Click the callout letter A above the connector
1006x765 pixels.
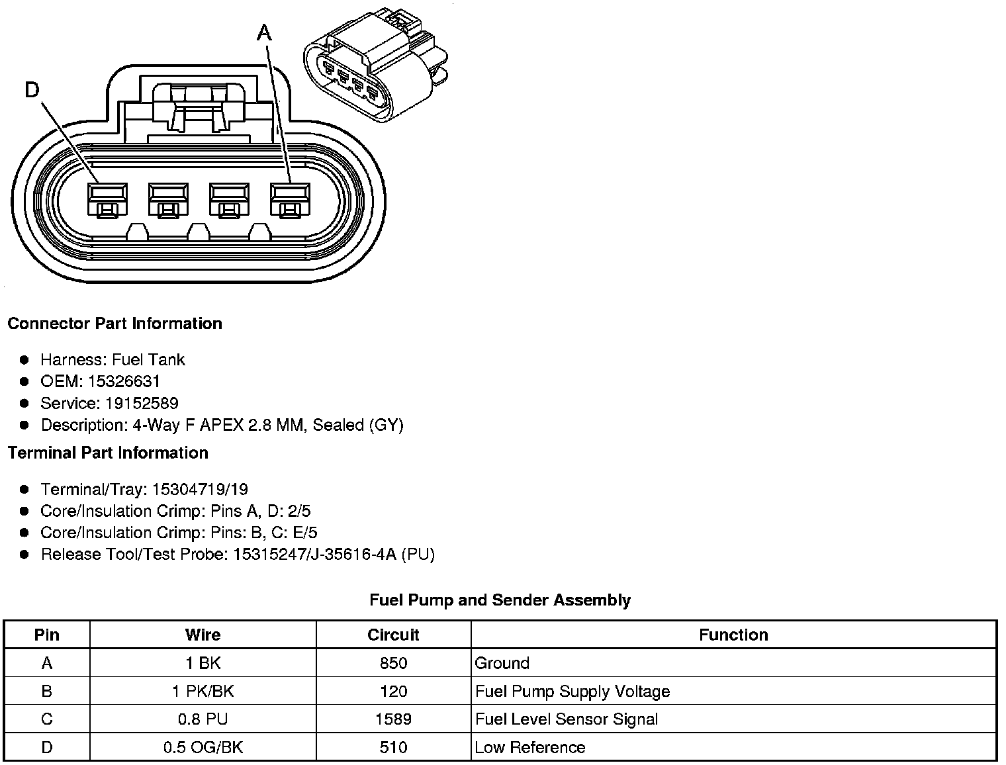(264, 33)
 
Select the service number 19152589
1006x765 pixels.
(142, 404)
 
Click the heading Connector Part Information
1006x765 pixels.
(114, 324)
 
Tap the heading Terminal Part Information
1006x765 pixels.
(108, 453)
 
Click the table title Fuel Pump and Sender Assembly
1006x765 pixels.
(500, 600)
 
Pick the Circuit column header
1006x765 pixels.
(393, 635)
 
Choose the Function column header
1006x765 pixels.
(733, 635)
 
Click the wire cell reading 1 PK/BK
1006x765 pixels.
(203, 692)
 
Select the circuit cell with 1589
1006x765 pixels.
(393, 719)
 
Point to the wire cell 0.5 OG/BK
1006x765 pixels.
(203, 748)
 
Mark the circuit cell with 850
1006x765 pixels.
(393, 663)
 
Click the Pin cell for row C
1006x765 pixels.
(46, 719)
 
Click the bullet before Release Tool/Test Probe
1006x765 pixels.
(24, 555)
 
